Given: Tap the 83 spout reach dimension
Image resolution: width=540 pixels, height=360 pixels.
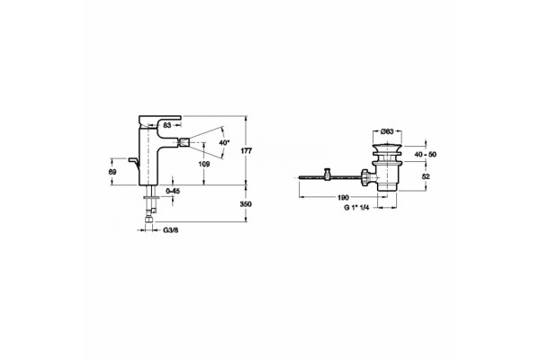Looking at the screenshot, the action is tap(167, 125).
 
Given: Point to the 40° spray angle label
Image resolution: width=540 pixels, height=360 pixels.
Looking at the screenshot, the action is tap(224, 142).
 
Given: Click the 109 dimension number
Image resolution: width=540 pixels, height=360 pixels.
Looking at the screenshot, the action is tap(204, 165).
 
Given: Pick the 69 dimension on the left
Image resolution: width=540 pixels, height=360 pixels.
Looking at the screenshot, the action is tap(112, 172).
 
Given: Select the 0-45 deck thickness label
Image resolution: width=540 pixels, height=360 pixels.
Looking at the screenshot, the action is tap(173, 191).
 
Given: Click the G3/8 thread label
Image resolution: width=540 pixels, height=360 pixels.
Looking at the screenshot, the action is tap(170, 229).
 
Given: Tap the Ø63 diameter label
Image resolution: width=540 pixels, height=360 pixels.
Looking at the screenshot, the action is tap(387, 131).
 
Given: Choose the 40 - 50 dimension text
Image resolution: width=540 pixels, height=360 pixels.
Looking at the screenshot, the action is tap(426, 154).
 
